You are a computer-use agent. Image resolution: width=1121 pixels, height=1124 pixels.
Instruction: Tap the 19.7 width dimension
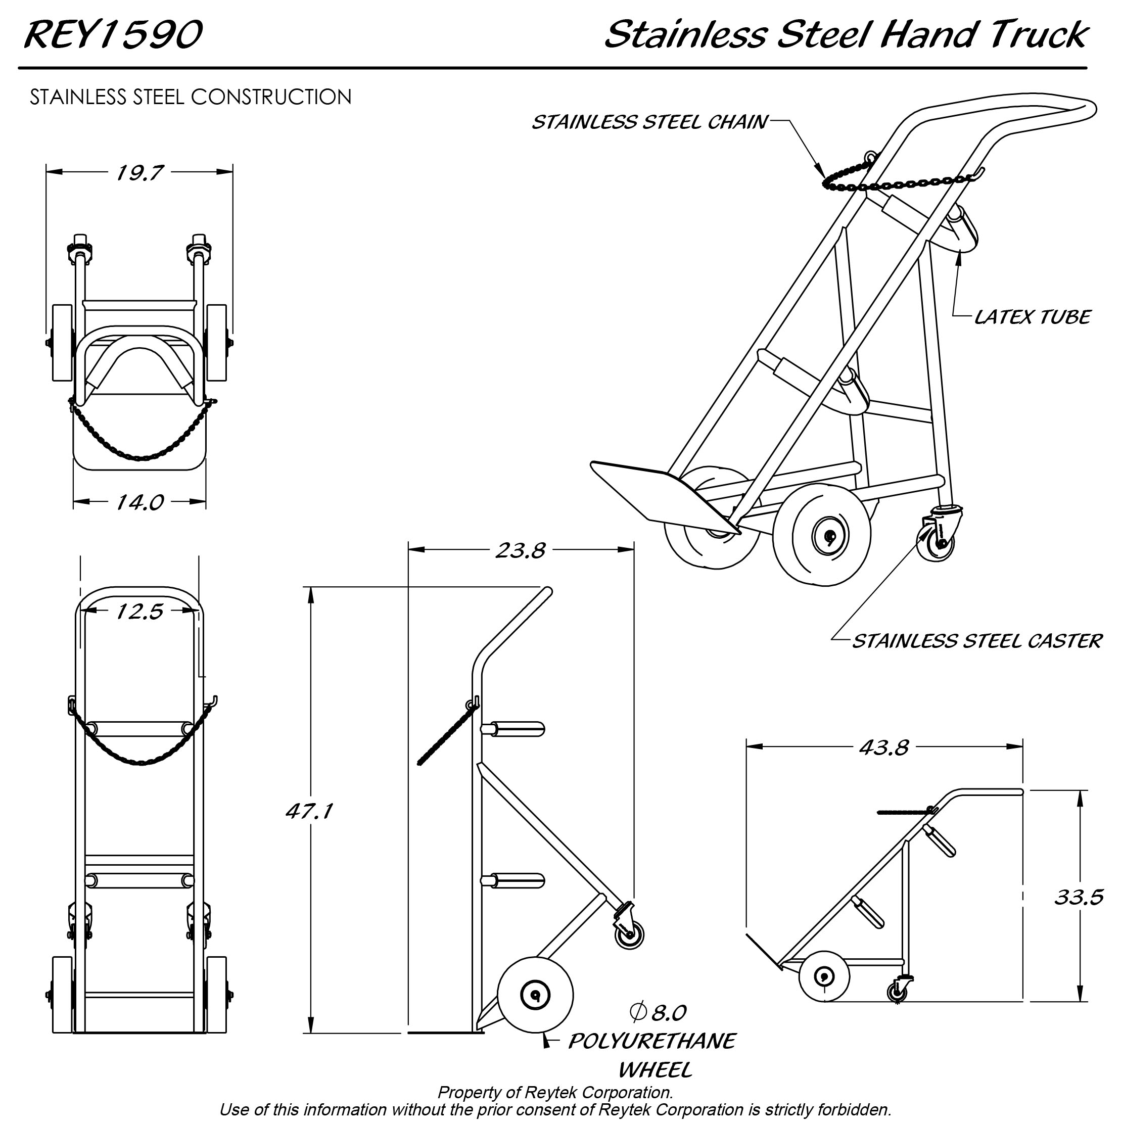click(x=139, y=173)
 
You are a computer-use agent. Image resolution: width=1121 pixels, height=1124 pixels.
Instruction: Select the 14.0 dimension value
click(x=139, y=502)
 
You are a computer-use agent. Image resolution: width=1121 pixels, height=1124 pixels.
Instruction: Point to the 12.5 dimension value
click(x=139, y=612)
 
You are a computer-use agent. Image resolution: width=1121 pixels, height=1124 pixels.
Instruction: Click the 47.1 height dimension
click(x=309, y=811)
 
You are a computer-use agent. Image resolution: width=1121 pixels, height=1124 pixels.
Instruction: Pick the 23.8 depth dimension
click(x=520, y=550)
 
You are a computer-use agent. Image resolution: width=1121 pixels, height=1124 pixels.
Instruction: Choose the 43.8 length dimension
click(x=883, y=747)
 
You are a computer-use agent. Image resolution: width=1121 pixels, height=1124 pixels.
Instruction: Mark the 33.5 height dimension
click(x=1079, y=897)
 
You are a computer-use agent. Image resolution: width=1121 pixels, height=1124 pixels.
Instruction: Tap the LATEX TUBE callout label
click(x=1032, y=317)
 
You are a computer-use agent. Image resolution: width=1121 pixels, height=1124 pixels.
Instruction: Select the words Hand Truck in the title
click(x=983, y=34)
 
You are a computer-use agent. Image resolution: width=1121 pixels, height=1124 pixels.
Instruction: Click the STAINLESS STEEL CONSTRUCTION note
click(x=191, y=97)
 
